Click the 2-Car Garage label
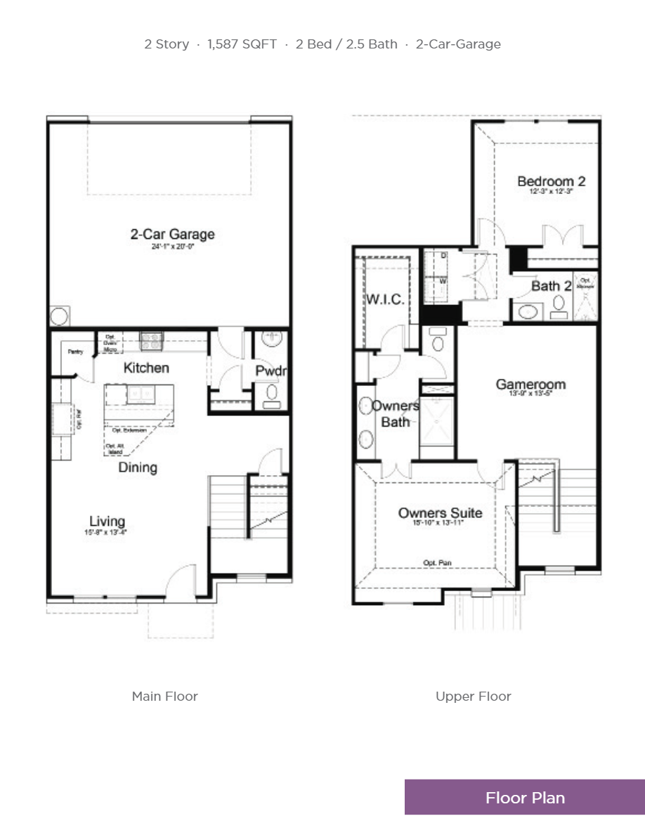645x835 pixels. point(172,234)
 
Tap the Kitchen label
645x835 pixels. point(146,368)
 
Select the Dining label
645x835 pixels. point(137,467)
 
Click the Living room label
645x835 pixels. point(107,521)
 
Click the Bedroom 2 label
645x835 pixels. point(551,181)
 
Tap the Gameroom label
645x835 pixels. point(530,384)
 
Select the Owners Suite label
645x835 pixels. point(440,513)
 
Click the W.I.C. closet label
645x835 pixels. point(384,299)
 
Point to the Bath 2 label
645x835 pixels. point(550,286)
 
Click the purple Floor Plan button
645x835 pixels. point(524,797)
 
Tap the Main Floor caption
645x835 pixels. point(165,697)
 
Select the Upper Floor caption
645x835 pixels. point(473,697)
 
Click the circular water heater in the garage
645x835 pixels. point(59,316)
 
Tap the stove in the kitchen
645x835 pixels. point(152,341)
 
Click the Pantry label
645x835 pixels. point(76,351)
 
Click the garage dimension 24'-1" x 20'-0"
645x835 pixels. point(172,247)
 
